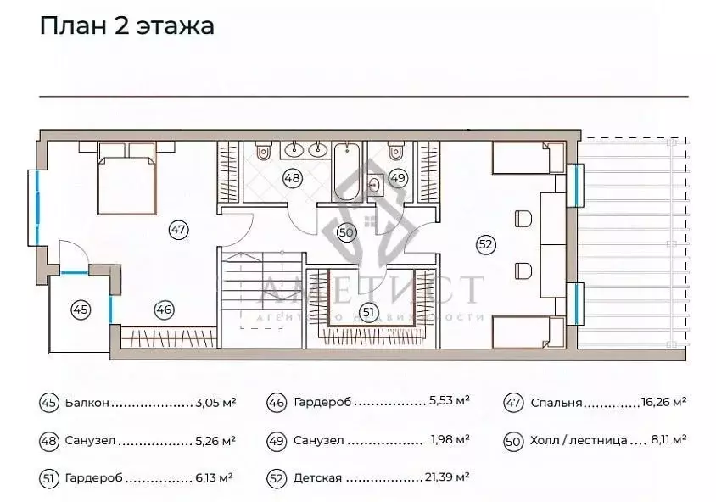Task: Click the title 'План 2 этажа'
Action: (126, 25)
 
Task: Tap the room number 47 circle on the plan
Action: (178, 229)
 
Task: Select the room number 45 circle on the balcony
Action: (81, 310)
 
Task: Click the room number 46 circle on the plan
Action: (164, 310)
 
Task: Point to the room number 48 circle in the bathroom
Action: (293, 179)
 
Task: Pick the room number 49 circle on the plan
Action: (398, 179)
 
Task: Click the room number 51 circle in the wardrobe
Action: (367, 312)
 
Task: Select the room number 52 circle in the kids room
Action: (485, 245)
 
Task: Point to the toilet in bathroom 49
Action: (394, 153)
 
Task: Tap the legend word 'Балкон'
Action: (87, 404)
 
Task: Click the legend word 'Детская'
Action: (317, 478)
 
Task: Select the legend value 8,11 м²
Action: (668, 440)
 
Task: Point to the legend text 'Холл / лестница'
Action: (579, 441)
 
